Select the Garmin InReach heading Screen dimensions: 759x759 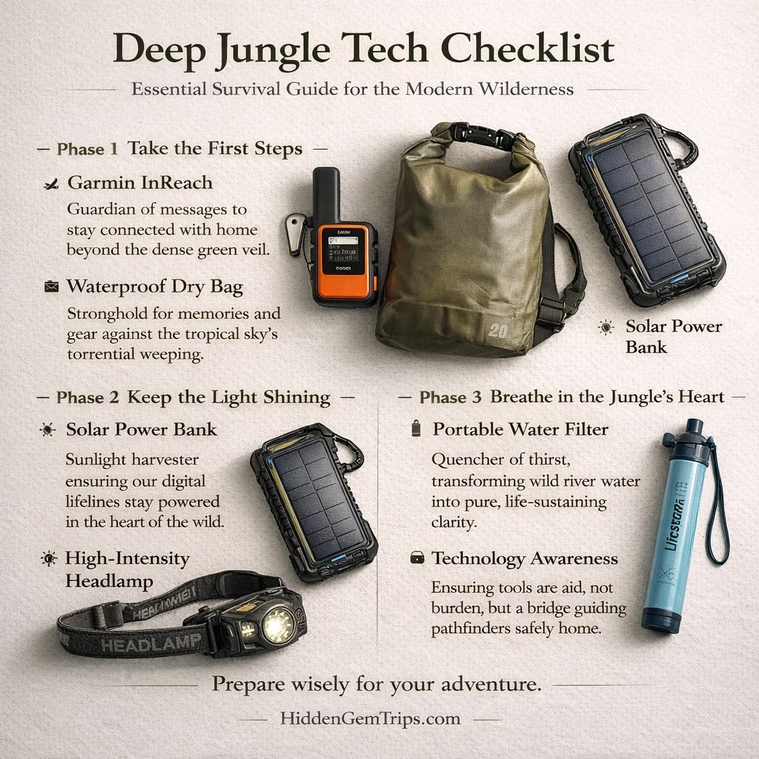click(139, 182)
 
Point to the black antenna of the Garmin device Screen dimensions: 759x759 click(325, 194)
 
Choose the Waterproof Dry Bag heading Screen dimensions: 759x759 click(155, 286)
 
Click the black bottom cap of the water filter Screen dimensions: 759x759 click(661, 620)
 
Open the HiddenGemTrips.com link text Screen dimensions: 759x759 click(371, 718)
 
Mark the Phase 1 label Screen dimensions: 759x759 click(87, 148)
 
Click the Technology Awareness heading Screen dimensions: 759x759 click(525, 558)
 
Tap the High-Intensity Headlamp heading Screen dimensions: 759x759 click(127, 569)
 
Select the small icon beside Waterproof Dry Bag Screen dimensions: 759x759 click(51, 287)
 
